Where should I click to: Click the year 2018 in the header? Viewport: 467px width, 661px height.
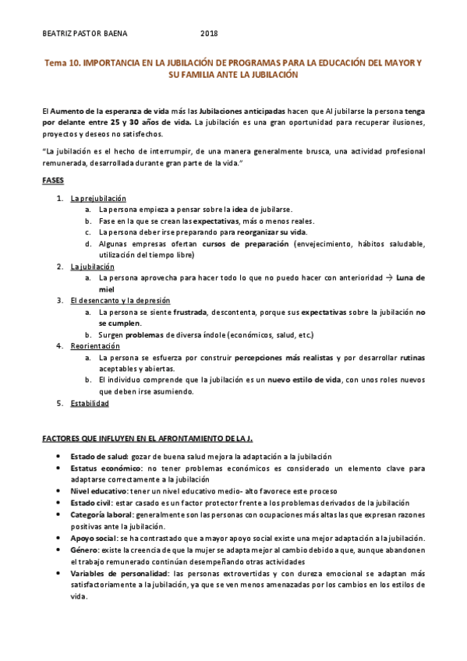click(x=209, y=34)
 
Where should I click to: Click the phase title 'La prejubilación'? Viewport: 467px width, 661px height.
click(x=98, y=198)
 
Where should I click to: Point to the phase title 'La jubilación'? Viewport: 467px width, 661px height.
click(x=92, y=266)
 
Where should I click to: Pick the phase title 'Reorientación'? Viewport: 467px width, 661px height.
click(x=95, y=345)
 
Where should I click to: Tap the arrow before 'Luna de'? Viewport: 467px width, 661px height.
click(x=390, y=277)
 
